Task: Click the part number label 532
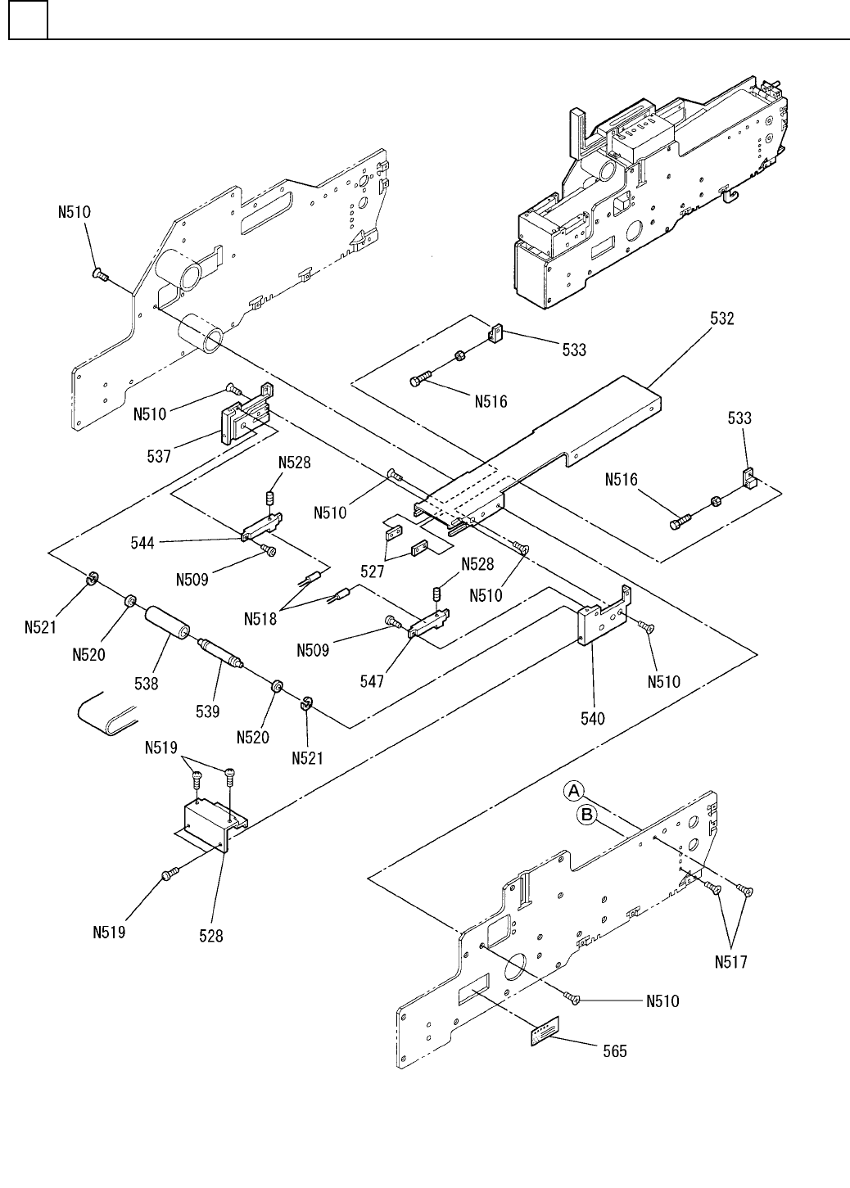tap(721, 319)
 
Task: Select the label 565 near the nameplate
tap(614, 1050)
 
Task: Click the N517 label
tap(730, 963)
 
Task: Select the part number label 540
tap(592, 718)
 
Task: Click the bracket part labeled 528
tap(211, 823)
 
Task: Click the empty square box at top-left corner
tap(27, 21)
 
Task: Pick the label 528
tap(211, 935)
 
